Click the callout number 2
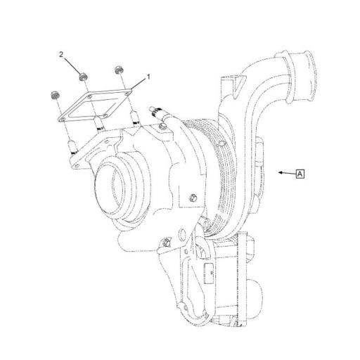pos(62,54)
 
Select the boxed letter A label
pos(300,172)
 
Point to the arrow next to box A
pos(285,172)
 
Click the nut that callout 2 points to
pos(83,75)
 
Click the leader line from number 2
pos(72,65)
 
